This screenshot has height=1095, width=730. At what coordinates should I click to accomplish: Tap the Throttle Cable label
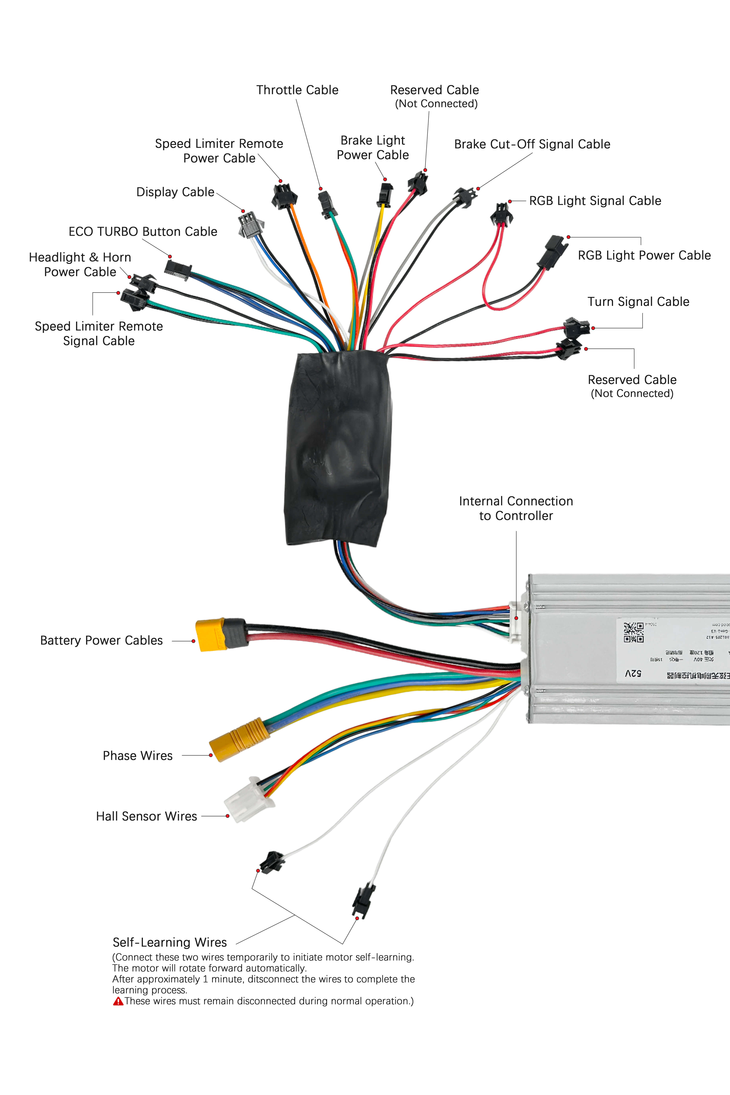pyautogui.click(x=297, y=90)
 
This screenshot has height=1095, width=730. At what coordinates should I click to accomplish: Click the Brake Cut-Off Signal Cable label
pyautogui.click(x=532, y=144)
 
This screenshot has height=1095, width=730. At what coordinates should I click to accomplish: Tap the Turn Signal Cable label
pyautogui.click(x=638, y=302)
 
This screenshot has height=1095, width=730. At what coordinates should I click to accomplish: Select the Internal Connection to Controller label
pyautogui.click(x=516, y=508)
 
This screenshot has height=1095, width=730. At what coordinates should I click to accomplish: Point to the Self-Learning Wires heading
pyautogui.click(x=170, y=942)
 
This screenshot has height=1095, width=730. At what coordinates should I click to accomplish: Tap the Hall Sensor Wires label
pyautogui.click(x=146, y=816)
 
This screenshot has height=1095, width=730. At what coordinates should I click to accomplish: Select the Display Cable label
pyautogui.click(x=175, y=192)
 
